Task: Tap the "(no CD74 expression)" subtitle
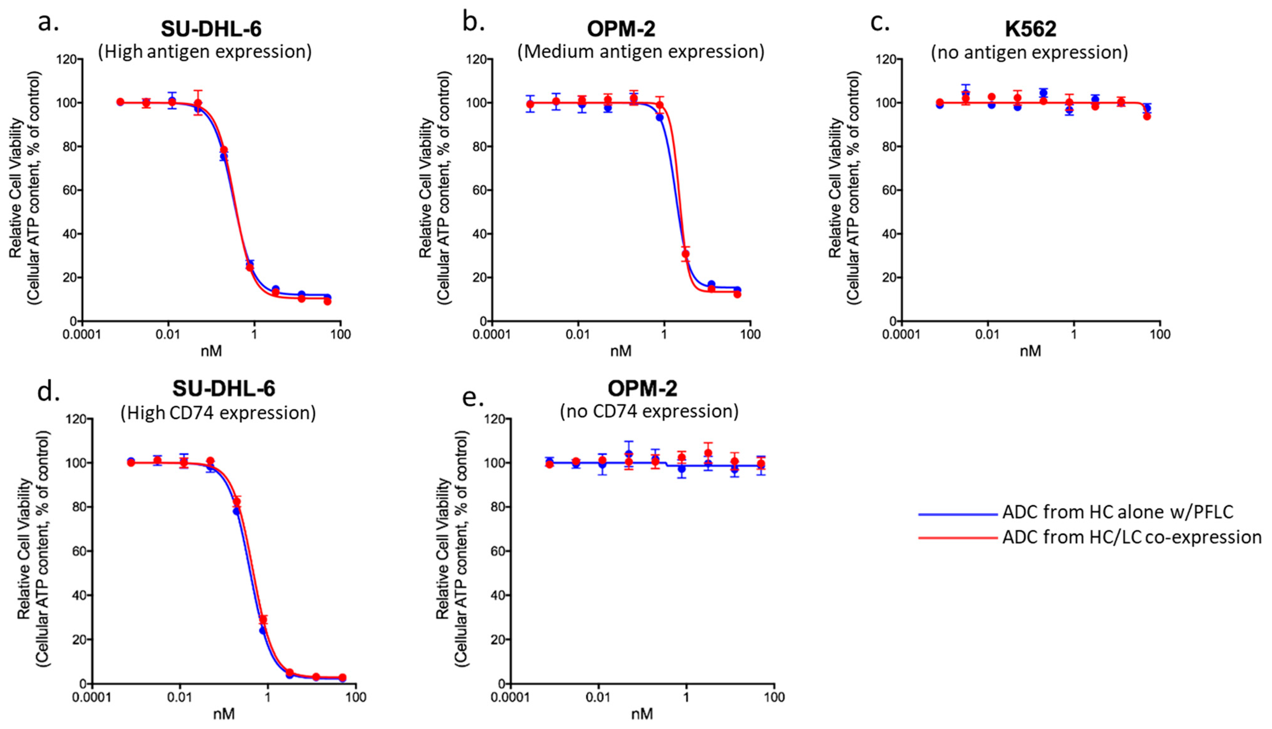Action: [x=649, y=411]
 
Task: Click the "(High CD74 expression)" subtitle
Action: [x=218, y=413]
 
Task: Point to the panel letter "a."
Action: [x=48, y=23]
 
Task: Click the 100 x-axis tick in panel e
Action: [x=774, y=697]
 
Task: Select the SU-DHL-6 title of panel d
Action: [x=224, y=388]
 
